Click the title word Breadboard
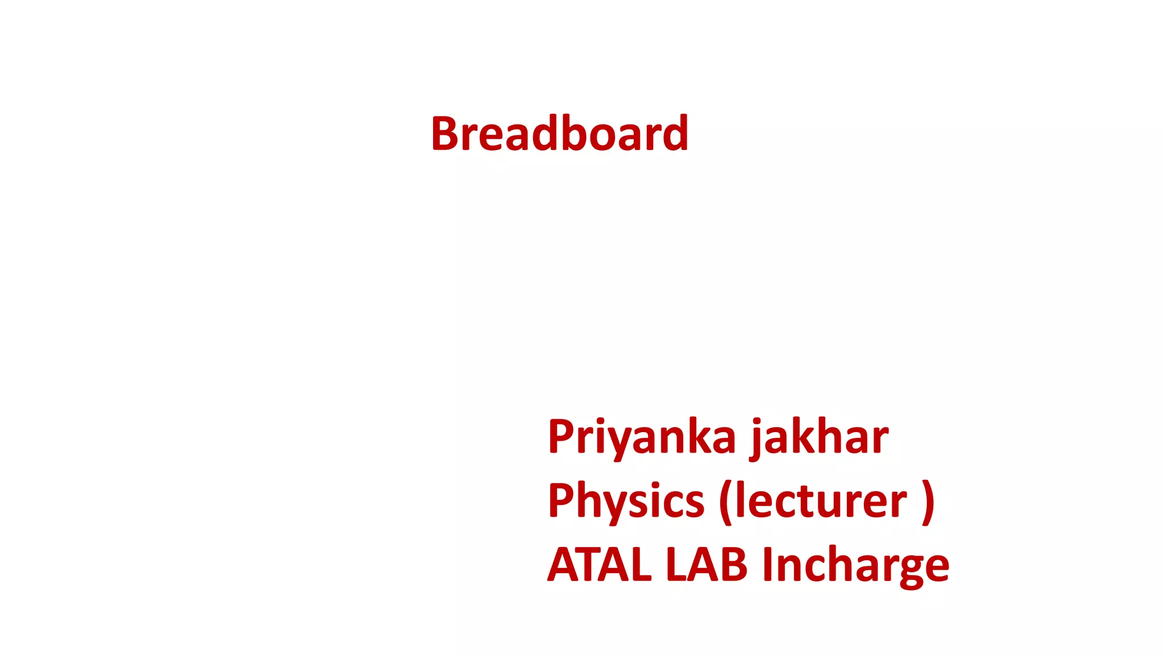tap(560, 134)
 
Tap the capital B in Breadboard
tap(444, 134)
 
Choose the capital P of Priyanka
tap(561, 437)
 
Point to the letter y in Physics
tap(621, 506)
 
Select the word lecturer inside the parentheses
tap(821, 501)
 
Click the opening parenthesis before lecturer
tap(726, 502)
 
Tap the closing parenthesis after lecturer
tap(928, 502)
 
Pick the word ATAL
tap(600, 565)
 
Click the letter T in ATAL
tap(595, 565)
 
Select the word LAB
tap(706, 565)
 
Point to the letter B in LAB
tap(734, 565)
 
